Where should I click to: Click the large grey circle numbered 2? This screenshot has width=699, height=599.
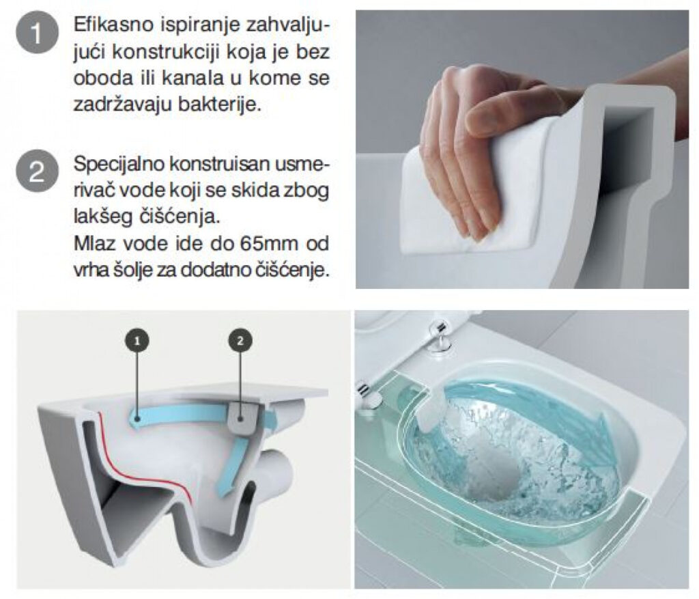[x=37, y=171]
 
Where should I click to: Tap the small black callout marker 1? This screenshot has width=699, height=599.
[x=137, y=342]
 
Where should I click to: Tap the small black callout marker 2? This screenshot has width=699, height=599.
[x=241, y=342]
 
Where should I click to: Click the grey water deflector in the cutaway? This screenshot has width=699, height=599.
[x=242, y=419]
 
